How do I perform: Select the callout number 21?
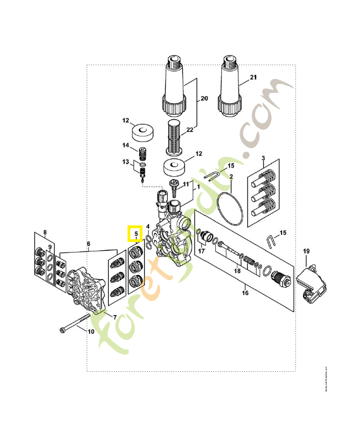253,77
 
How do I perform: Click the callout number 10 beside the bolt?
91,331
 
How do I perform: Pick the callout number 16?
245,293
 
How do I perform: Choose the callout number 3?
263,159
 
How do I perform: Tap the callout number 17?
202,251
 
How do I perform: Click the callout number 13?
125,162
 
